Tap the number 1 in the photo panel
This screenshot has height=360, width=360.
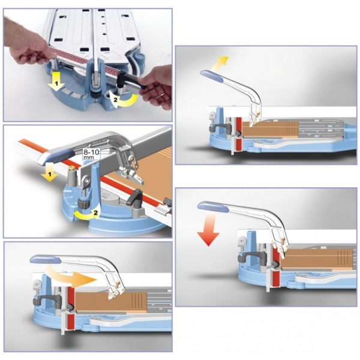57,82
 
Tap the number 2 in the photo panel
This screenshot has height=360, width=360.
116,100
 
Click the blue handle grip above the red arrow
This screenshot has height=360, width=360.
213,206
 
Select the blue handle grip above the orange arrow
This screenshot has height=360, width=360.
46,259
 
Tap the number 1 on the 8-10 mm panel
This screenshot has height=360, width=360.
49,175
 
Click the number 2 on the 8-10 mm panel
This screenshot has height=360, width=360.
95,213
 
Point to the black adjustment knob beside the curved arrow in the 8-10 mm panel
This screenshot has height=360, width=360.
83,203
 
